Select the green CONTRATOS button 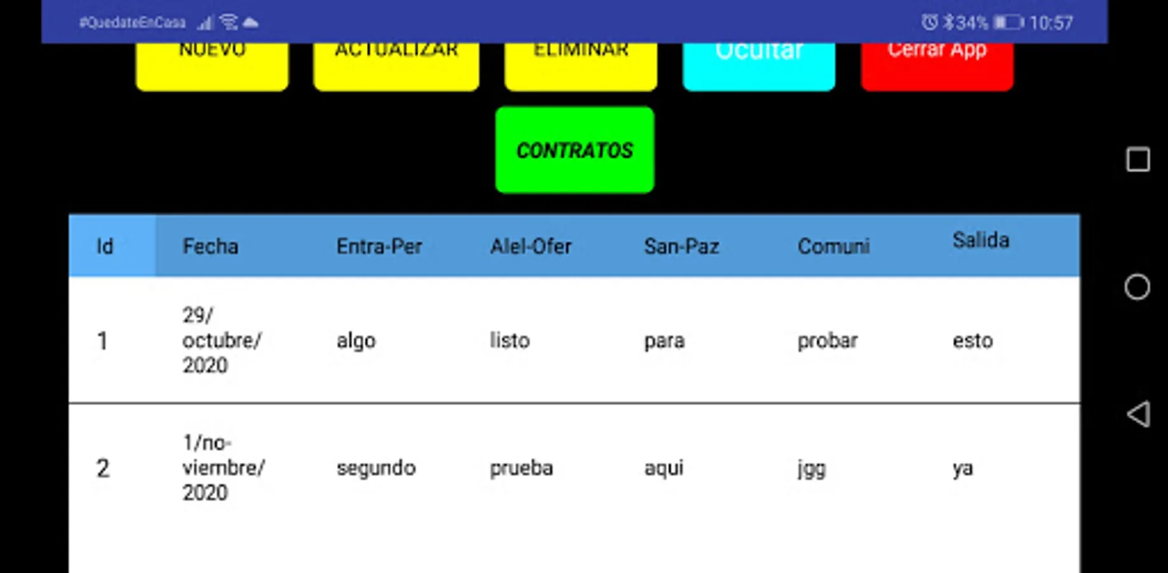(x=574, y=150)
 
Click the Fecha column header (x=211, y=246)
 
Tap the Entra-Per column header (x=379, y=246)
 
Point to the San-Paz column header (x=681, y=246)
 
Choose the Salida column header (x=980, y=241)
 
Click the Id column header (x=105, y=246)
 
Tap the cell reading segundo (x=376, y=468)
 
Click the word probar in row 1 (x=828, y=341)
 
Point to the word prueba (x=521, y=469)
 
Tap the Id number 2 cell (x=102, y=469)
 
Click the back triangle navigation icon (x=1138, y=414)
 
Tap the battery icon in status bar (x=1008, y=23)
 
